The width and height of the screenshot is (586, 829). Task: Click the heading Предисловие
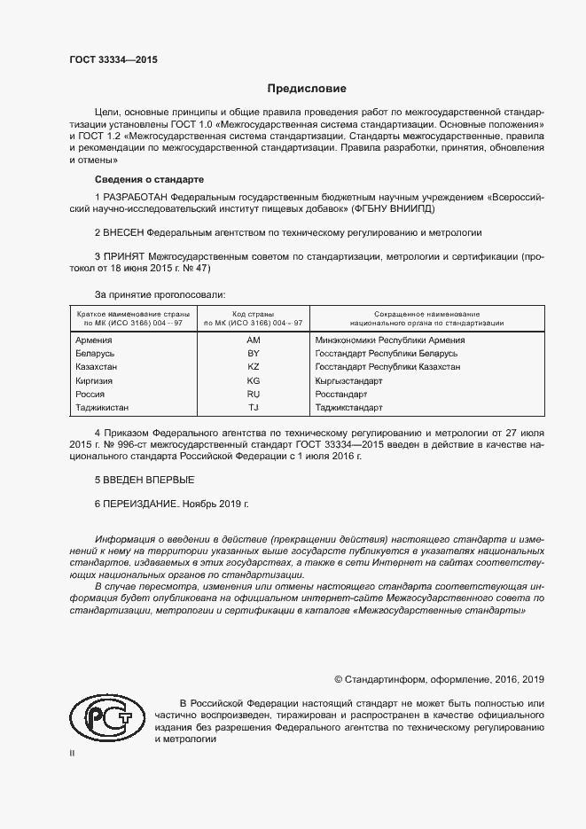(307, 89)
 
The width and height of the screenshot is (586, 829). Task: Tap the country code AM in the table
(253, 340)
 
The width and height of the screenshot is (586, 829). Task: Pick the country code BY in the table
(253, 353)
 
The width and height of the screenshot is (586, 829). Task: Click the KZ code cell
(253, 366)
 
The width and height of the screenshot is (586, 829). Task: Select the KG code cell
(253, 380)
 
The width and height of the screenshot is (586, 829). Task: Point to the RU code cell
(253, 394)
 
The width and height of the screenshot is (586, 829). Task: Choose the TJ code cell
(253, 408)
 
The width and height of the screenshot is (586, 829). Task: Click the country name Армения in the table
(94, 340)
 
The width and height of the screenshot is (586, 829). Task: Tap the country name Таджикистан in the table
(103, 408)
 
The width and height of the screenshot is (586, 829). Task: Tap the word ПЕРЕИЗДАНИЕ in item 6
(141, 504)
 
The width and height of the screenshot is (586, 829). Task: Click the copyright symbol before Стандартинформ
(339, 679)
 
